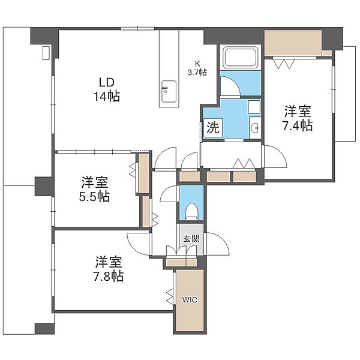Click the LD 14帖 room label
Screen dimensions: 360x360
[x=107, y=89]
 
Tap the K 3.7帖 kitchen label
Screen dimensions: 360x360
[x=197, y=68]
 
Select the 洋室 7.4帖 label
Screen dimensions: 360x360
[x=298, y=118]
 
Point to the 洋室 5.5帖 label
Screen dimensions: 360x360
[x=94, y=189]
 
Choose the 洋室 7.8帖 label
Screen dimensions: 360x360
[x=109, y=269]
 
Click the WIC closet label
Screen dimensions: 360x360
[x=190, y=299]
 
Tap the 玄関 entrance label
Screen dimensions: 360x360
[x=191, y=239]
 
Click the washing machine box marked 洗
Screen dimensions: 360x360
[x=213, y=128]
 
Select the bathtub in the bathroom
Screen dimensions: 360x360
[x=241, y=58]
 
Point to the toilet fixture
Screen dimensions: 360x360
[x=191, y=211]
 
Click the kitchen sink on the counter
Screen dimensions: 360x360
[x=169, y=91]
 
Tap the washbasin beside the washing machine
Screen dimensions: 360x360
[x=255, y=127]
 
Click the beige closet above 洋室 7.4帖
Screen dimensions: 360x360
[x=293, y=43]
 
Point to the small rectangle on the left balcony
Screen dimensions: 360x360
[x=46, y=53]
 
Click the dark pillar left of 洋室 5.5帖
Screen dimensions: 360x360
[x=44, y=186]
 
